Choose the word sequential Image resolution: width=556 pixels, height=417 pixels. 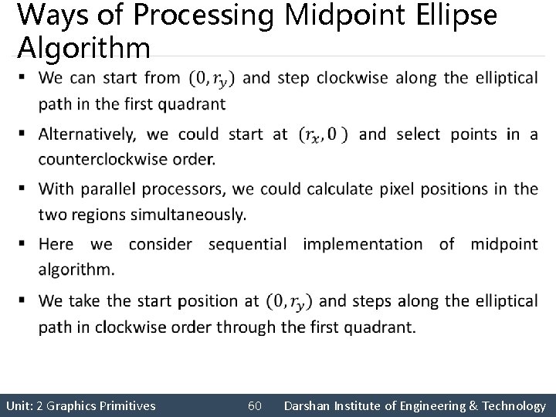point(248,244)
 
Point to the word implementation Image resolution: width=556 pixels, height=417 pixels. point(363,244)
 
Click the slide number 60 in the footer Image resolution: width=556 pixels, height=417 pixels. point(256,405)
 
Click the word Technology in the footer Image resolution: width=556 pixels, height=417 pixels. point(511,405)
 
